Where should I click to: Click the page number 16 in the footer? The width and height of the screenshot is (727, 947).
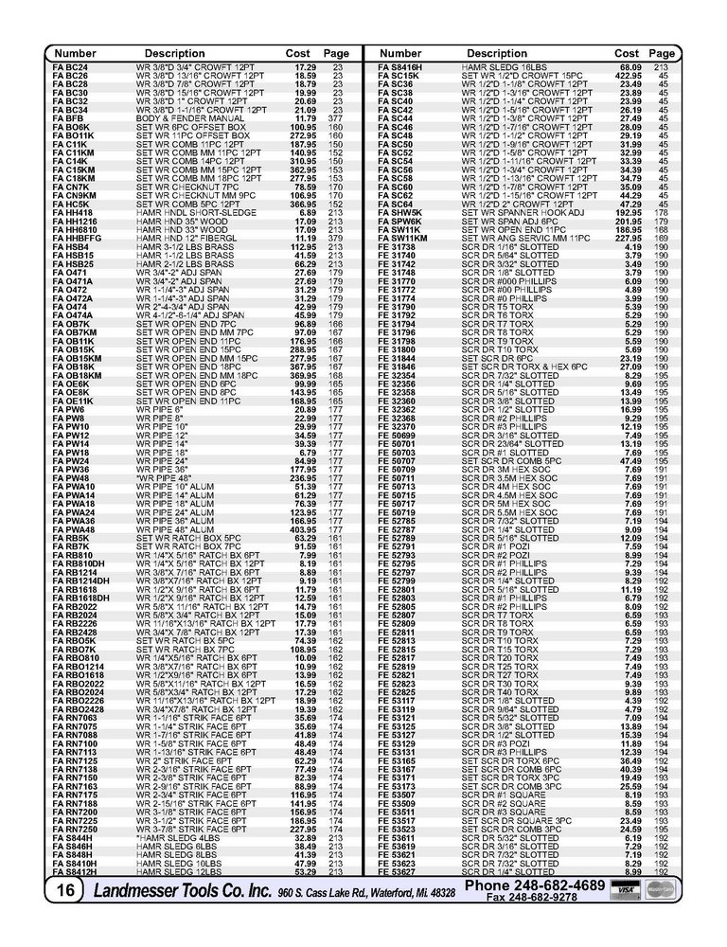66,889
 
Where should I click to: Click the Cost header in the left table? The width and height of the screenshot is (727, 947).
298,54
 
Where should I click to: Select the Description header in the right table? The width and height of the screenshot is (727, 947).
497,54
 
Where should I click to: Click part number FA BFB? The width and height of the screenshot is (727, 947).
67,117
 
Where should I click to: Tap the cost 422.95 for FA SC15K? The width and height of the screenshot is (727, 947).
630,76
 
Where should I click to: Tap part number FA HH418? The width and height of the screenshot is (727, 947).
73,213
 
